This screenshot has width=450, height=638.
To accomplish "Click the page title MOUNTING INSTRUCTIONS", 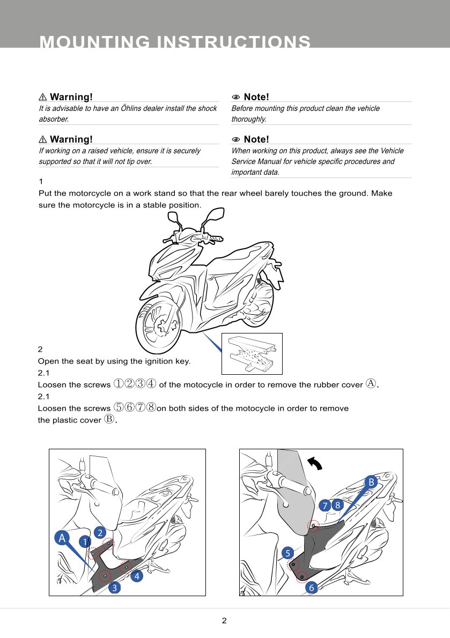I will pyautogui.click(x=175, y=42).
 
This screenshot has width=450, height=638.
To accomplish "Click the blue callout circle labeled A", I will pyautogui.click(x=62, y=538).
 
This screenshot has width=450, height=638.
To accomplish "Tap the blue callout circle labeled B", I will pyautogui.click(x=371, y=483).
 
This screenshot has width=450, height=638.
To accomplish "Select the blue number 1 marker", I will pyautogui.click(x=85, y=542).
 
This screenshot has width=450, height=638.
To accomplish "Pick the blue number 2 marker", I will pyautogui.click(x=100, y=532).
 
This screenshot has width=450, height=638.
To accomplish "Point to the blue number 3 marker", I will pyautogui.click(x=114, y=588).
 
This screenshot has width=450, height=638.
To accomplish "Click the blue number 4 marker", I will pyautogui.click(x=137, y=577).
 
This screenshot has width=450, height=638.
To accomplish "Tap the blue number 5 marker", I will pyautogui.click(x=287, y=553).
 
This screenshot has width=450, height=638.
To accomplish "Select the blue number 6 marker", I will pyautogui.click(x=311, y=588).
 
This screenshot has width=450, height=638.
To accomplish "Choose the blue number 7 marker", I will pyautogui.click(x=324, y=505).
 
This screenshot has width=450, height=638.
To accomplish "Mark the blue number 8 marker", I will pyautogui.click(x=337, y=505).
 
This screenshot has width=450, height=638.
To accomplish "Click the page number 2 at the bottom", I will pyautogui.click(x=224, y=621).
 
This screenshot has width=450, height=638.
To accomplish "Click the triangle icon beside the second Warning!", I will pyautogui.click(x=43, y=139).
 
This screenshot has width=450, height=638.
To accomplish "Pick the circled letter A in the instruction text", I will pyautogui.click(x=371, y=383).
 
